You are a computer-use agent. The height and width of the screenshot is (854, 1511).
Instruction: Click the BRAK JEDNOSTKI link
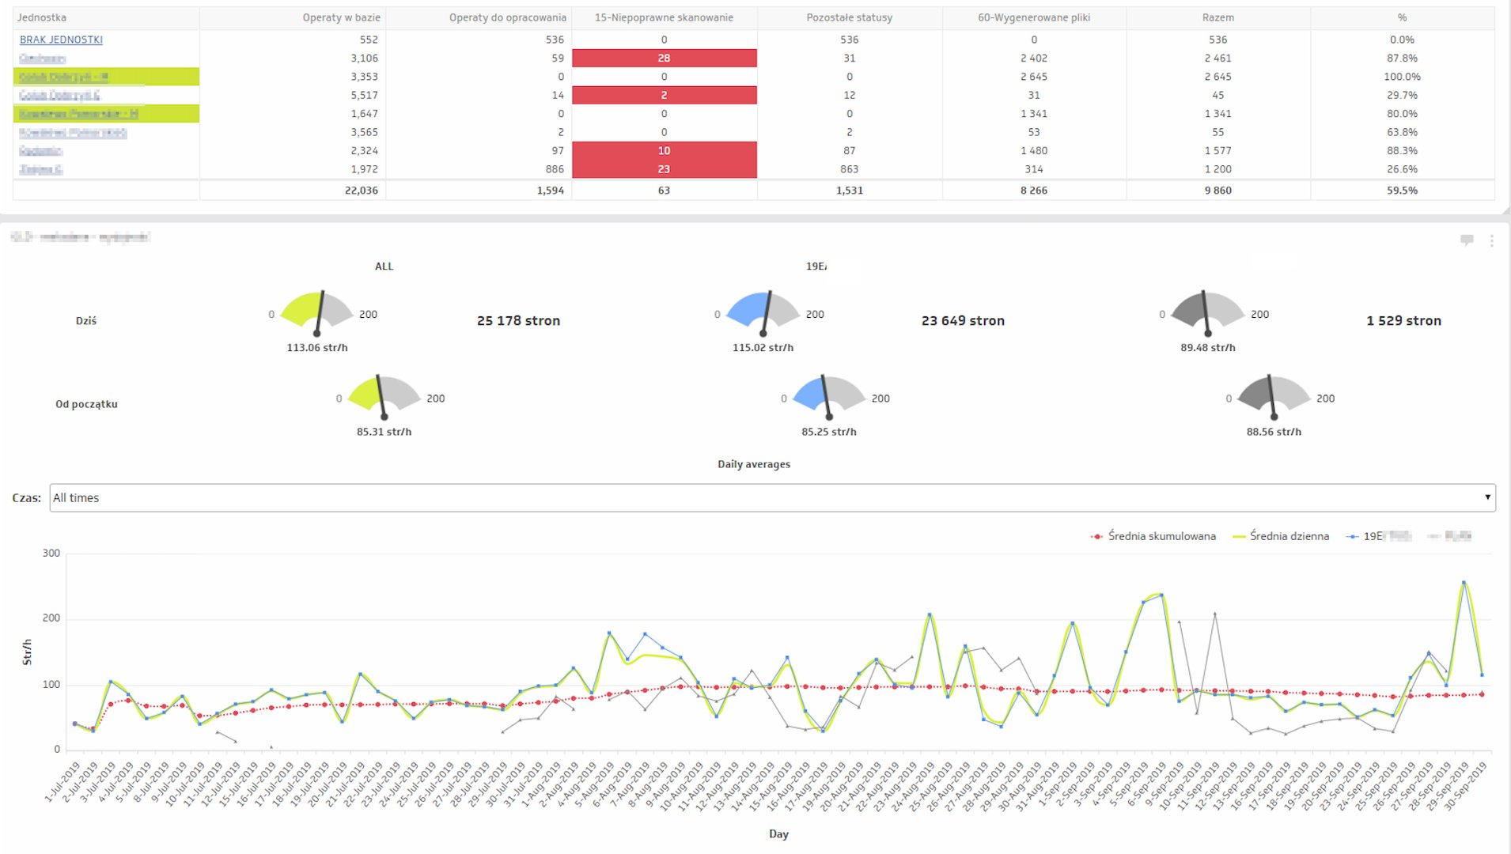61,40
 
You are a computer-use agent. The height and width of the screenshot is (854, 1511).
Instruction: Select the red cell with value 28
664,58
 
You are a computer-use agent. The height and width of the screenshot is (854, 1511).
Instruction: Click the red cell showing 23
664,169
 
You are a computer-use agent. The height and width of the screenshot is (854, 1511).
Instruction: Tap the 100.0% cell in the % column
1401,77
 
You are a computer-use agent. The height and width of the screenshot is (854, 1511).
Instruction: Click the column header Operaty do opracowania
507,17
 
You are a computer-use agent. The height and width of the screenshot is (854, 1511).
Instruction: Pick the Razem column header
1218,17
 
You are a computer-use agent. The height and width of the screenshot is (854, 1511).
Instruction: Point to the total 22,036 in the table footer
361,191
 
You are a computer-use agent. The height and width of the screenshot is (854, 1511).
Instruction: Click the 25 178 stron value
518,320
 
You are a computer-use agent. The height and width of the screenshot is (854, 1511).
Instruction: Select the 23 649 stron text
963,320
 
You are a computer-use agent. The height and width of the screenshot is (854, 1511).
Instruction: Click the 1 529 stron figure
1403,320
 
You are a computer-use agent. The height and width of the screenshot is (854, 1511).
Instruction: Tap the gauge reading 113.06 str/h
317,348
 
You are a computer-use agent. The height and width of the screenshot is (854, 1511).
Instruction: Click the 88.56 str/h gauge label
1274,432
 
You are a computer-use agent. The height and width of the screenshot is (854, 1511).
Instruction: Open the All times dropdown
771,498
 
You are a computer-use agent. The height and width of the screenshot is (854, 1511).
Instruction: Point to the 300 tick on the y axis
51,554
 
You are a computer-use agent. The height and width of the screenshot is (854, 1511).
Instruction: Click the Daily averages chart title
754,464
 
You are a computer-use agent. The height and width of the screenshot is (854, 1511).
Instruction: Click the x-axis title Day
778,834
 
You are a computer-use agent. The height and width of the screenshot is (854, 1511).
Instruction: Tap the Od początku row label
86,404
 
